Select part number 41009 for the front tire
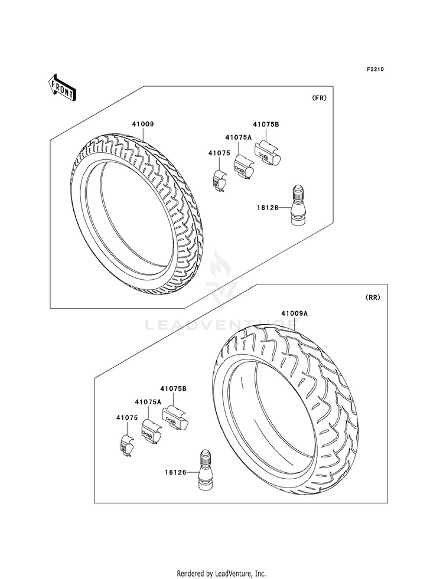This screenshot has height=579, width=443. tap(143, 125)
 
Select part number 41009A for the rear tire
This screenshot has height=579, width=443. tap(294, 313)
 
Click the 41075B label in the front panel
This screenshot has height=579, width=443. tap(266, 125)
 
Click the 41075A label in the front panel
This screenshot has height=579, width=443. tap(238, 137)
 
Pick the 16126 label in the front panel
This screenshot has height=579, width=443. tap(268, 207)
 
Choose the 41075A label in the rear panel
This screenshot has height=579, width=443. tap(148, 402)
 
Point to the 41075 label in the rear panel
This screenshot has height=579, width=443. tap(126, 417)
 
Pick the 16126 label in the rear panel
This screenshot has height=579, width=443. tap(176, 472)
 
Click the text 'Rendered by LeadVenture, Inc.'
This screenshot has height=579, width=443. tap(221, 573)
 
